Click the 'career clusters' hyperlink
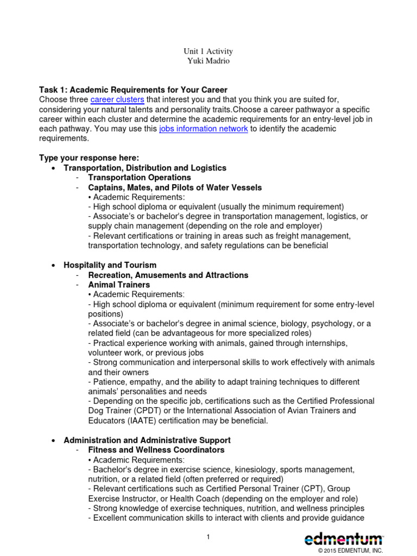[117, 99]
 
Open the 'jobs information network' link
[204, 129]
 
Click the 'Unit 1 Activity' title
[208, 51]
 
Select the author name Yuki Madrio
[208, 61]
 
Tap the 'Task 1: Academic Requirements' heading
[133, 90]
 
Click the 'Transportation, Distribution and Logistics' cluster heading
[145, 168]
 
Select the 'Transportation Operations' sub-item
[140, 178]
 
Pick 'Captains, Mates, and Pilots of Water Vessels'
[175, 187]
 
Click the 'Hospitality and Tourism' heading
[110, 265]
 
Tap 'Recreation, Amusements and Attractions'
[168, 275]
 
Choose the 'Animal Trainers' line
[119, 285]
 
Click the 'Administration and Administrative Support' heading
[147, 440]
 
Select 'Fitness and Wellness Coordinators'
[156, 450]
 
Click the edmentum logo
[343, 539]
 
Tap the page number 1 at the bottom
[208, 537]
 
